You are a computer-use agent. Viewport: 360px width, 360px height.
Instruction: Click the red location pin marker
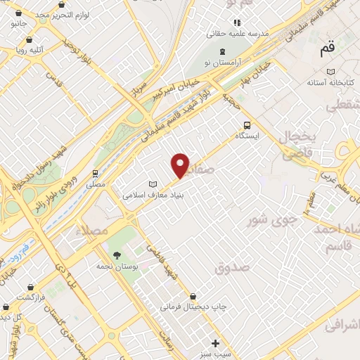tap(181, 165)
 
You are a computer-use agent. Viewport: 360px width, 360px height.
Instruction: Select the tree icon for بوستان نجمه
tap(117, 255)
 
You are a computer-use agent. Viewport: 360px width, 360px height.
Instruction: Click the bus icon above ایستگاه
tap(245, 125)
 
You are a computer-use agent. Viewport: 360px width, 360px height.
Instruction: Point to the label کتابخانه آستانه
tap(330, 82)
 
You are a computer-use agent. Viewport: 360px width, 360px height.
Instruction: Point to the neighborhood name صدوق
tap(233, 267)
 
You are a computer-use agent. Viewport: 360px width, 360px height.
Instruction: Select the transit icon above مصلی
tap(95, 172)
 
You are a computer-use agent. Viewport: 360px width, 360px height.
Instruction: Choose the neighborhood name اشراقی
tap(342, 325)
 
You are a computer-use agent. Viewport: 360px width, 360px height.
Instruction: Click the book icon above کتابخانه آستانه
tap(330, 72)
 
